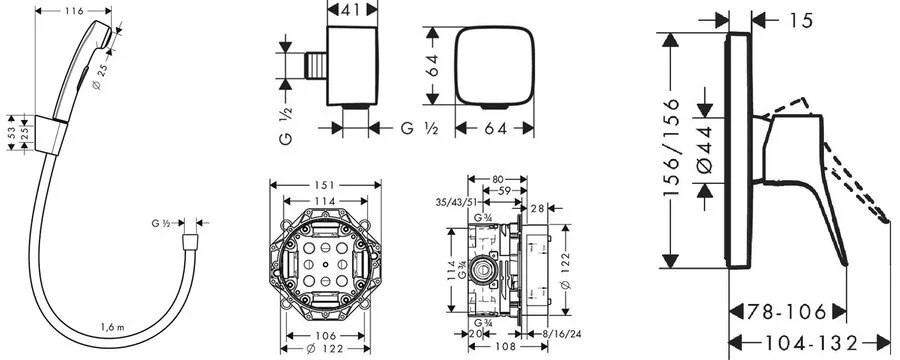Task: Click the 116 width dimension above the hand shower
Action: pyautogui.click(x=73, y=11)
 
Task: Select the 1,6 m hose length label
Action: pyautogui.click(x=112, y=327)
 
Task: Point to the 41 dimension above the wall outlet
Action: pyautogui.click(x=352, y=9)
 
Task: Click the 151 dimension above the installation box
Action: pyautogui.click(x=325, y=185)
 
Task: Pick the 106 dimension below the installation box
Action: pyautogui.click(x=325, y=336)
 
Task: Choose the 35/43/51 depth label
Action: pyautogui.click(x=456, y=202)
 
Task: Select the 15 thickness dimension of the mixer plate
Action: pyautogui.click(x=801, y=21)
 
